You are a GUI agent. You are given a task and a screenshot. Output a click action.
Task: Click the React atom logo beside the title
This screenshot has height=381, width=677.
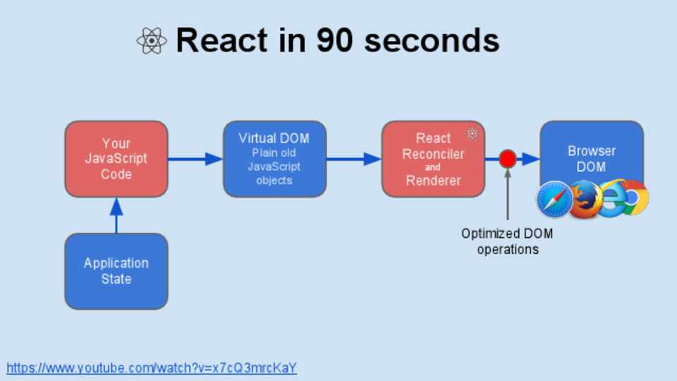click(151, 41)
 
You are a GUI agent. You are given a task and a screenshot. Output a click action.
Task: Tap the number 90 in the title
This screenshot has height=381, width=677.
click(335, 41)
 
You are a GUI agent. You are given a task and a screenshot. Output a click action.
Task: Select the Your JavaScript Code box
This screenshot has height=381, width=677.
click(116, 159)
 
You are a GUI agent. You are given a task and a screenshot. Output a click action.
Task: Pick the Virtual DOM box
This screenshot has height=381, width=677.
click(274, 159)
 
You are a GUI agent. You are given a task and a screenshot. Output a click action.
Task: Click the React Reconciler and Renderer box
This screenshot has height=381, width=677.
click(433, 159)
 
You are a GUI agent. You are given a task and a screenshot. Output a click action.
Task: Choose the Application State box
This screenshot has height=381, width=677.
click(116, 271)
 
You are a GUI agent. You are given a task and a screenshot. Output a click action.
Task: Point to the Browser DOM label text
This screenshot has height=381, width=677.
click(591, 159)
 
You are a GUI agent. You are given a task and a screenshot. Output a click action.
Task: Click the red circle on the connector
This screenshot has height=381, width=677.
click(507, 159)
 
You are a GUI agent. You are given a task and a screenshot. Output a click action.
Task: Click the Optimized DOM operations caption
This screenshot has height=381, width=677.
click(507, 241)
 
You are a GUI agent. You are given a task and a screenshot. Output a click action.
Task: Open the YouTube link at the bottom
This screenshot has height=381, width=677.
click(152, 368)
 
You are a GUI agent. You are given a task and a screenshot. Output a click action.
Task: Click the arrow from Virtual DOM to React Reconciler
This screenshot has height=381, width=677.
click(353, 159)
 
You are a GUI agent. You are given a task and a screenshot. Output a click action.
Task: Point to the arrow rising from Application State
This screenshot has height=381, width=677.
click(116, 215)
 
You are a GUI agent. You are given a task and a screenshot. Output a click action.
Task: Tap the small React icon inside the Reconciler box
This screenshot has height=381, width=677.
click(472, 133)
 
